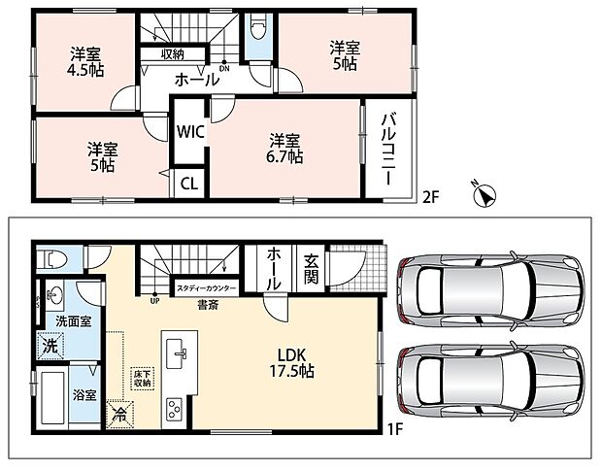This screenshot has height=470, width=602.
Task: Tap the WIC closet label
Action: pos(189,132)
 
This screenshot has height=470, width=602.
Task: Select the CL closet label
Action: pos(189,184)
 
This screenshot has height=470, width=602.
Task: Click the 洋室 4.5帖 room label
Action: pos(86,62)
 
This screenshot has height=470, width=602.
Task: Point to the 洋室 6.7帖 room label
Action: pos(284,149)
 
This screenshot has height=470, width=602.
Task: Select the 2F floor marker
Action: pos(430,197)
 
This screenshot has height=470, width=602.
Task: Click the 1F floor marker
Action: pos(394,429)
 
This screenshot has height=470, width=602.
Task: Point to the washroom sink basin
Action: pos(53,295)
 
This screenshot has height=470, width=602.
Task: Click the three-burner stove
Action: pos(174,410)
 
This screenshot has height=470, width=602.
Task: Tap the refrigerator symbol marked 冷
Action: pos(120,414)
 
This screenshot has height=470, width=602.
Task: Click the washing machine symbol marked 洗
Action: pos(51,346)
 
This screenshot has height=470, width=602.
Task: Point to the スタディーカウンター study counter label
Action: pos(206,288)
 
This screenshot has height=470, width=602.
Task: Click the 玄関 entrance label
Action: pos(311,269)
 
